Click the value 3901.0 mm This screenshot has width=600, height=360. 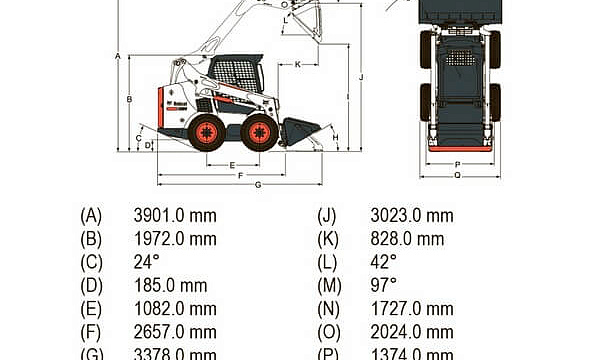tap(174, 215)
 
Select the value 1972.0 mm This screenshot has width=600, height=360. tap(174, 238)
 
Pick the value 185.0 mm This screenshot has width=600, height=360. tap(170, 285)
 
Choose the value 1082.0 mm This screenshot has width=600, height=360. tap(174, 309)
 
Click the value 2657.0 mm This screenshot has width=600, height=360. tap(174, 332)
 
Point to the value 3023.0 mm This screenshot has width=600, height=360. tap(411, 215)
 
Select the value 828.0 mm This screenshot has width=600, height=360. tap(407, 238)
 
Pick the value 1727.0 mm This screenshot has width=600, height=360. tap(411, 309)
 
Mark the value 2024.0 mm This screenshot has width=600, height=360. tap(411, 332)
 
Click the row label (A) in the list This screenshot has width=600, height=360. tap(91, 215)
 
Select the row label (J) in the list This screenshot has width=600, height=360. tap(327, 215)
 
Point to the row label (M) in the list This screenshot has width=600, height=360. tap(328, 285)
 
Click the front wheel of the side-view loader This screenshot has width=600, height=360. tap(260, 132)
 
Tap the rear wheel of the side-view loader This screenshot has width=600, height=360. tap(207, 132)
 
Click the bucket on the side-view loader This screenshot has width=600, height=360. tap(299, 130)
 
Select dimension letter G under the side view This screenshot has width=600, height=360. tap(258, 185)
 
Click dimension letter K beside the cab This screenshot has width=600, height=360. tap(297, 64)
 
